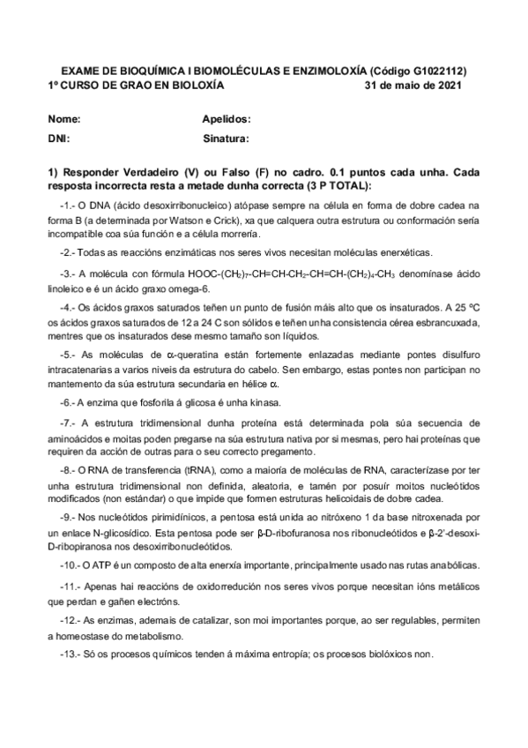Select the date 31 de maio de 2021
click(x=413, y=86)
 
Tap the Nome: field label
click(x=64, y=118)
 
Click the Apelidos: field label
click(x=227, y=118)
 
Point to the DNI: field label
click(x=58, y=138)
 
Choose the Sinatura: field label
click(x=227, y=138)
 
